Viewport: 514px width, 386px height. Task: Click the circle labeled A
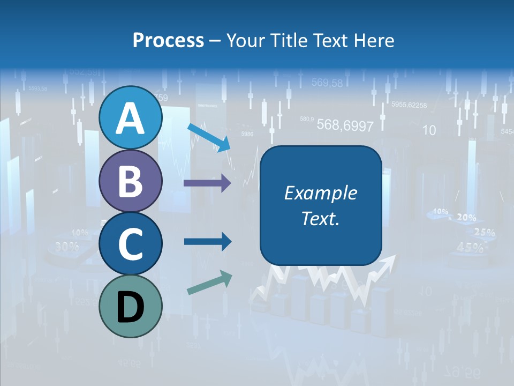(x=130, y=118)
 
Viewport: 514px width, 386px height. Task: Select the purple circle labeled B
(x=130, y=181)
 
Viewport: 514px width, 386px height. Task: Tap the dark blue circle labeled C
(x=130, y=244)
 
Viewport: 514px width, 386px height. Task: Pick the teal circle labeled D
(x=130, y=306)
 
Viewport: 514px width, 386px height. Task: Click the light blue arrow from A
(x=209, y=137)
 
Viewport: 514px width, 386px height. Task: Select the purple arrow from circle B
(x=207, y=183)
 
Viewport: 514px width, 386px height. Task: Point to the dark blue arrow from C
(x=207, y=241)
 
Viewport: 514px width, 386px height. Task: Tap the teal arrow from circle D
(x=209, y=283)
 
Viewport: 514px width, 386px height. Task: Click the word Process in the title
(x=168, y=40)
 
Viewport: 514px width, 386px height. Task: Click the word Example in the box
(x=320, y=193)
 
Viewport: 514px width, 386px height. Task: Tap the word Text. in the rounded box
(x=320, y=219)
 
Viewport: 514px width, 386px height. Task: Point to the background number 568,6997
(x=345, y=125)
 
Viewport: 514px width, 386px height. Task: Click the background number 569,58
(x=327, y=83)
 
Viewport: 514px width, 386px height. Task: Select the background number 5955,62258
(x=409, y=105)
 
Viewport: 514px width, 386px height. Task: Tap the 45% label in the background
(x=470, y=248)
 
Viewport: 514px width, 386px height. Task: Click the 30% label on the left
(x=66, y=247)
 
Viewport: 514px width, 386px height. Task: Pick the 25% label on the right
(x=484, y=233)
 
